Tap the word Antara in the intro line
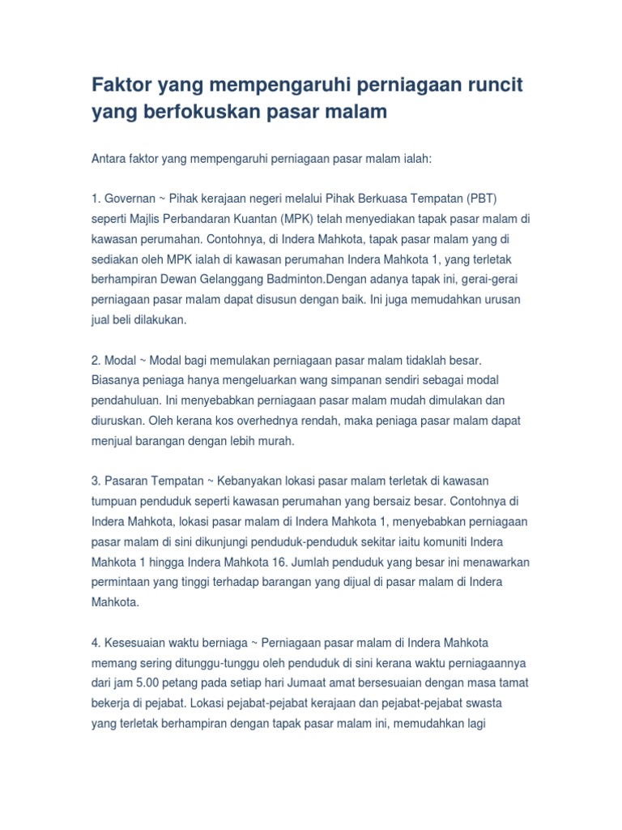tap(111, 160)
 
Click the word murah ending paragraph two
tap(275, 440)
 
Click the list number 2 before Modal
tap(95, 360)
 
